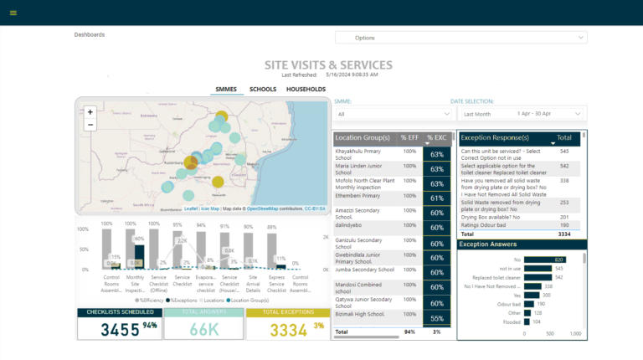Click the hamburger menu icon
pyautogui.click(x=13, y=13)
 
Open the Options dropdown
pyautogui.click(x=460, y=38)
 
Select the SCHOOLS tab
pyautogui.click(x=263, y=89)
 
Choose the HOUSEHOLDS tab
pyautogui.click(x=306, y=89)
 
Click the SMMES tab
pyautogui.click(x=226, y=89)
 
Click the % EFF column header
pyautogui.click(x=409, y=137)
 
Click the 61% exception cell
pyautogui.click(x=436, y=198)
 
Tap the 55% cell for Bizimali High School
pyautogui.click(x=436, y=319)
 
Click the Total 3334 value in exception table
pyautogui.click(x=562, y=235)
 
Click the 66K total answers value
pyautogui.click(x=203, y=329)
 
